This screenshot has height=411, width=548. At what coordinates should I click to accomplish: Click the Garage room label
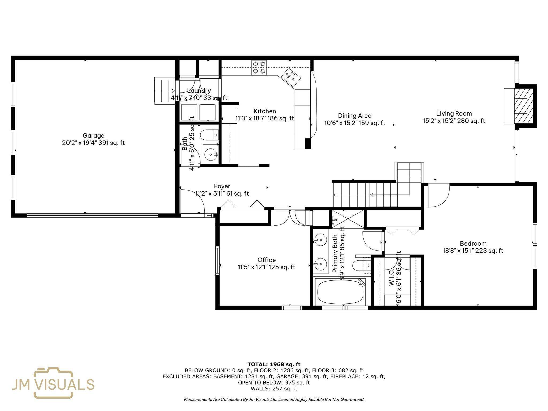[x=93, y=136]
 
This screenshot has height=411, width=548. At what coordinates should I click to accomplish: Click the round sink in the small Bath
[x=211, y=154]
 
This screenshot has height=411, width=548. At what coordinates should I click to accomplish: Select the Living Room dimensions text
[x=454, y=121]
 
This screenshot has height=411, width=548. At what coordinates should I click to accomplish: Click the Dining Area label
[x=355, y=116]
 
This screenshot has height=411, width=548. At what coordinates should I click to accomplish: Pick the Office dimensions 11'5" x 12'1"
[x=267, y=267]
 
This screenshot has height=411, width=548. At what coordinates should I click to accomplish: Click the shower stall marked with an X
[x=348, y=219]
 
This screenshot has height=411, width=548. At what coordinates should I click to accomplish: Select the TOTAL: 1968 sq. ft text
[x=274, y=364]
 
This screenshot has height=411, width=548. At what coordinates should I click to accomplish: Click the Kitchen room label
[x=265, y=111]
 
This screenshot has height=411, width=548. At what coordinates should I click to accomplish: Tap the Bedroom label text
[x=473, y=243]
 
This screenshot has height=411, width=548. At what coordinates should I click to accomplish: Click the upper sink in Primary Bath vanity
[x=320, y=239]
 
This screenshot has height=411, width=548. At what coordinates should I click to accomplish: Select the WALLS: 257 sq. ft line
[x=274, y=389]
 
